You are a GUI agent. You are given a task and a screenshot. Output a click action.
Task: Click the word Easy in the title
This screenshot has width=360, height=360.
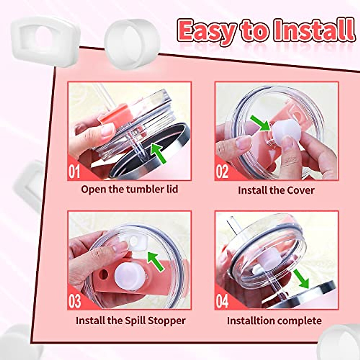coord(207,31)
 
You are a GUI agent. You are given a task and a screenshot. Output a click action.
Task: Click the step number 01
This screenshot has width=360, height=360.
coord(75,171)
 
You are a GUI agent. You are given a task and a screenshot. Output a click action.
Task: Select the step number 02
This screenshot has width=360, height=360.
coord(222,171)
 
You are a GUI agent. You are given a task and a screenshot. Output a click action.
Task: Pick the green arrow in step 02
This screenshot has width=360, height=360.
coord(260,123)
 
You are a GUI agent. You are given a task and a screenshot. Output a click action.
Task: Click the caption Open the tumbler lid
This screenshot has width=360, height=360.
coord(129,189)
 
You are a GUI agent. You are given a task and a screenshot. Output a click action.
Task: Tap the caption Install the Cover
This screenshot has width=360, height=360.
coord(276,190)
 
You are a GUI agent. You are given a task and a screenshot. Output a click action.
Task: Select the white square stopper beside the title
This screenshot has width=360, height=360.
coord(45,39)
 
